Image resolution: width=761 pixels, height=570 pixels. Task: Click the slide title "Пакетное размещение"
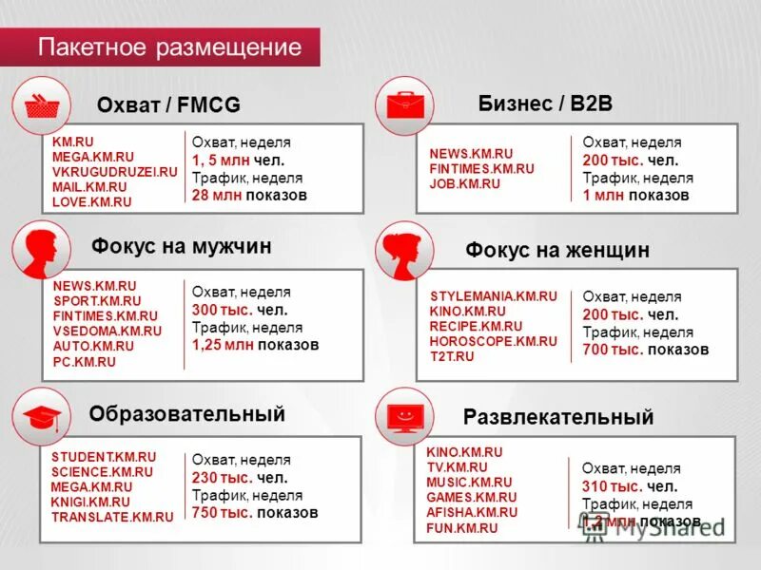click(x=169, y=47)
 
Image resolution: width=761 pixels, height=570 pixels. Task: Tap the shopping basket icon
click(x=43, y=105)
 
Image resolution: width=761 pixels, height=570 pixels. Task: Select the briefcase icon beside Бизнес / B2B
click(x=404, y=104)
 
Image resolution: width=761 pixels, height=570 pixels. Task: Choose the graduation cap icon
click(x=41, y=415)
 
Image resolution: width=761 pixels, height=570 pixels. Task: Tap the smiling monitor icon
click(x=404, y=416)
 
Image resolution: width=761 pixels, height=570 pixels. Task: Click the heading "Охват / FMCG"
click(x=168, y=104)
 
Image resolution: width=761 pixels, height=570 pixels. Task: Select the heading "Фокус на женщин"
click(x=557, y=251)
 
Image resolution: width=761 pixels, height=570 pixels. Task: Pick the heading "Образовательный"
click(x=186, y=414)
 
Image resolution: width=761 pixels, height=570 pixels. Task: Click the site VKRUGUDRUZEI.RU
click(x=115, y=172)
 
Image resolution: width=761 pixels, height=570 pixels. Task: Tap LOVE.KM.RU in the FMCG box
click(x=91, y=202)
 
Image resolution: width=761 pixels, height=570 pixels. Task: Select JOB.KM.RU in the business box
click(x=464, y=183)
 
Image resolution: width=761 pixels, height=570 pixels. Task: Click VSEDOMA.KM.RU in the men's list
click(x=107, y=332)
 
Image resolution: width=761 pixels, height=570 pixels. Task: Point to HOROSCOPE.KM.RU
click(x=493, y=341)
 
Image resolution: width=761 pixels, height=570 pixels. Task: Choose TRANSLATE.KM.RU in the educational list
click(x=112, y=518)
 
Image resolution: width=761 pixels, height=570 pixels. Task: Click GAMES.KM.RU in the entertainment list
click(x=471, y=497)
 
